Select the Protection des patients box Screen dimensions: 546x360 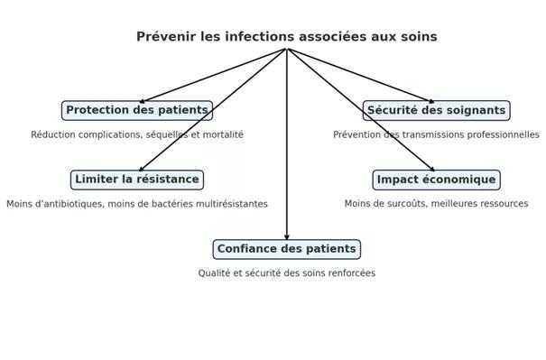pos(137,111)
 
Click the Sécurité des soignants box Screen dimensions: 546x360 pos(436,111)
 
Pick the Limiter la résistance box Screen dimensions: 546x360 pos(137,180)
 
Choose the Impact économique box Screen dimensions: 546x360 pos(436,180)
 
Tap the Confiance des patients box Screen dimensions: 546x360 pos(287,249)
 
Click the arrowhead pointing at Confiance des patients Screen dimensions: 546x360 pos(287,237)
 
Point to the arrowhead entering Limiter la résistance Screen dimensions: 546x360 pos(142,169)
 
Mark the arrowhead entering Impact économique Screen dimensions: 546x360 pos(432,169)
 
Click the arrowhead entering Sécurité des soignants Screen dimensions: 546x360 pos(431,101)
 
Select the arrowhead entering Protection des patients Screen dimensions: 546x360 pos(142,101)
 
